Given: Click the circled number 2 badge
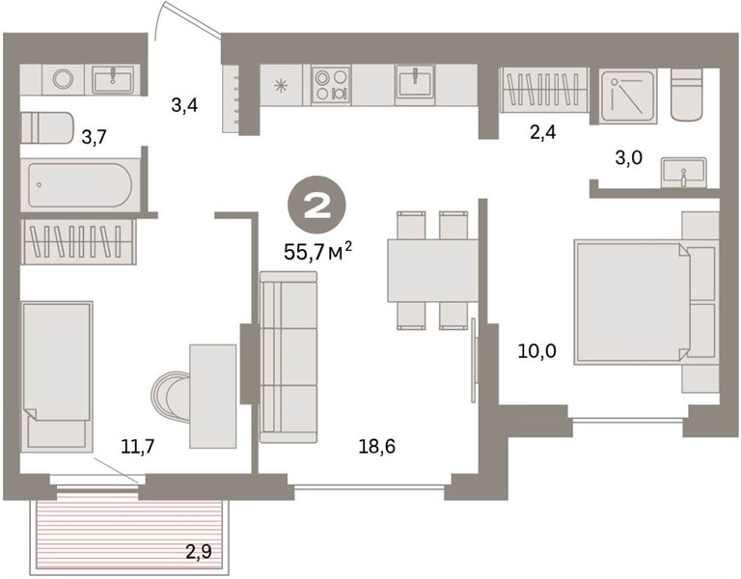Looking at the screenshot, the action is pos(317,206).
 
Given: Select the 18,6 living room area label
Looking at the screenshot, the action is pos(376,446).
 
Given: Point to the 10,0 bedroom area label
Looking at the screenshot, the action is pos(537,351).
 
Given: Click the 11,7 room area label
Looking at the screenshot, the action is pos(138,446).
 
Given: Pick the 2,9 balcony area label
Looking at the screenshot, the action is pos(198,552).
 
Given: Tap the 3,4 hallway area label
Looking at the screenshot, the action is pos(184,105).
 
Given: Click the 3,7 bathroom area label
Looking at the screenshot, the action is pos(94,138).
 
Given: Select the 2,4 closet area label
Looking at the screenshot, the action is pos(542,133).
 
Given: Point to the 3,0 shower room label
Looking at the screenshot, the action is pos(628,157).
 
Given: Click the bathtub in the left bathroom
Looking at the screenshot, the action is pos(79,185).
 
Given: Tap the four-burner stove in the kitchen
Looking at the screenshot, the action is pos(331,85).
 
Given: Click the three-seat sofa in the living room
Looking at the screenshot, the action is pos(288,357).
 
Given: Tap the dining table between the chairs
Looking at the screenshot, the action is pos(433,270).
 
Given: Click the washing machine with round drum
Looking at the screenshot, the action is pos(63,79).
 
